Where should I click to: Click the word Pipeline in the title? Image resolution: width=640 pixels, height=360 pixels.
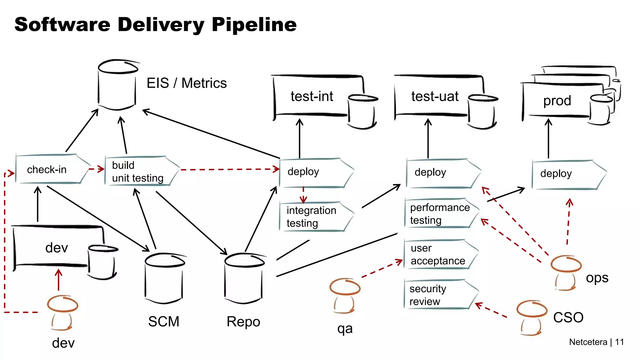(254, 25)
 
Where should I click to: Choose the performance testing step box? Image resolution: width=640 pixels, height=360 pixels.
(441, 213)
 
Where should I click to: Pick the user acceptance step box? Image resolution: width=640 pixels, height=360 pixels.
(439, 254)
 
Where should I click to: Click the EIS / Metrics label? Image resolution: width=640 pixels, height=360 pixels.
(187, 83)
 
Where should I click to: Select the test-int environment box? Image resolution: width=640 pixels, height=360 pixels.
(312, 96)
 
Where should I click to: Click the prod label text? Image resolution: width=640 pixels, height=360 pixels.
(557, 101)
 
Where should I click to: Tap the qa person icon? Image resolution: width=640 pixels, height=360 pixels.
(345, 295)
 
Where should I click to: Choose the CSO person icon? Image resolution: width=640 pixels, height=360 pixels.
(532, 317)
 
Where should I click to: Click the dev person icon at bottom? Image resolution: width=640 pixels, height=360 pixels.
(62, 312)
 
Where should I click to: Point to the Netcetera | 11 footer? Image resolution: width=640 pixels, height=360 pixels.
(596, 342)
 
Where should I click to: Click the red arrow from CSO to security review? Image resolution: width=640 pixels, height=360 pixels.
(491, 310)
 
